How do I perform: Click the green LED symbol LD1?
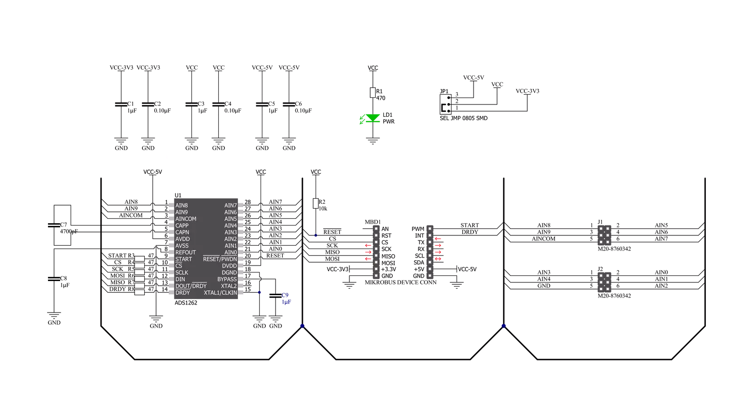pos(372,118)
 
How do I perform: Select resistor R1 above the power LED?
pos(372,93)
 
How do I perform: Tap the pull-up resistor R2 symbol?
pos(316,203)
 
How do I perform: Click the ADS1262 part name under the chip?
pos(186,303)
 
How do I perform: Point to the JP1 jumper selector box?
pos(445,104)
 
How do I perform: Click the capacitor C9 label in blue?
pos(285,295)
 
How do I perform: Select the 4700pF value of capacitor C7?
pos(69,232)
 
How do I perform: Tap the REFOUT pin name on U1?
pos(186,252)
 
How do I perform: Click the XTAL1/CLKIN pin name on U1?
pos(220,293)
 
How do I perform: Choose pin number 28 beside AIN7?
pos(247,202)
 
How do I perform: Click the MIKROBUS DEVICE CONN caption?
pos(401,282)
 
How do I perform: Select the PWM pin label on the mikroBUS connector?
pos(418,229)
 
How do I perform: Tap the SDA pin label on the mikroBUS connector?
pos(419,263)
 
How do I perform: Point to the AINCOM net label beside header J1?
pos(544,239)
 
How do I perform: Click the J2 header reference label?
pos(600,269)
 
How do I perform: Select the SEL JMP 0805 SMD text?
pos(464,118)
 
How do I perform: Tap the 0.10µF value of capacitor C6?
pos(303,111)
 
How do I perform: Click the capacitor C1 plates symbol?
pos(121,104)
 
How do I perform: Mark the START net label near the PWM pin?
pos(470,225)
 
